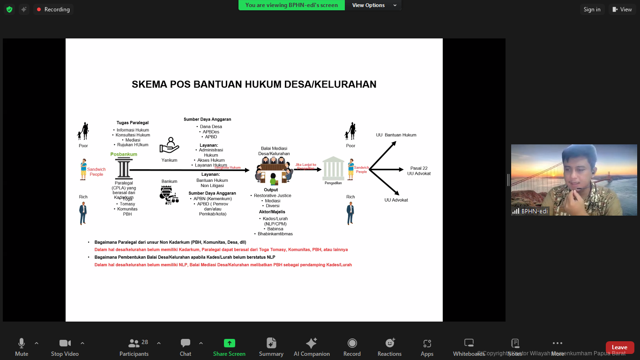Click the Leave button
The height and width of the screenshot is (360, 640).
(x=619, y=347)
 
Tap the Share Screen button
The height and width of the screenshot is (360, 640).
(x=229, y=347)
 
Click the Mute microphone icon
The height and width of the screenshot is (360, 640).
(x=22, y=343)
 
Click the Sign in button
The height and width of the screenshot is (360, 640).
(x=592, y=9)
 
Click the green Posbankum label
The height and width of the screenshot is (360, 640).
(x=124, y=154)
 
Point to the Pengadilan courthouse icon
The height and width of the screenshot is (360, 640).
(x=333, y=168)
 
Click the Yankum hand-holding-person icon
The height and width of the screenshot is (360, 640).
(x=169, y=145)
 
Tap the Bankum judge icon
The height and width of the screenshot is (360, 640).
(x=169, y=195)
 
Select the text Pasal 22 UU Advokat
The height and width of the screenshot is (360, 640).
(x=418, y=171)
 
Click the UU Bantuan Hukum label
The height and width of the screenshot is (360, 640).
(x=396, y=135)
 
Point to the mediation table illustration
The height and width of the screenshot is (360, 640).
(x=274, y=170)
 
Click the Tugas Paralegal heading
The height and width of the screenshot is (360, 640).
(x=133, y=123)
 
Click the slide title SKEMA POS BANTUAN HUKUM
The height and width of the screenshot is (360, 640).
(x=254, y=84)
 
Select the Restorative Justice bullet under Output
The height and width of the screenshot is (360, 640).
(x=272, y=195)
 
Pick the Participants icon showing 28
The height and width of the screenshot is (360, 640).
(x=134, y=344)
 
